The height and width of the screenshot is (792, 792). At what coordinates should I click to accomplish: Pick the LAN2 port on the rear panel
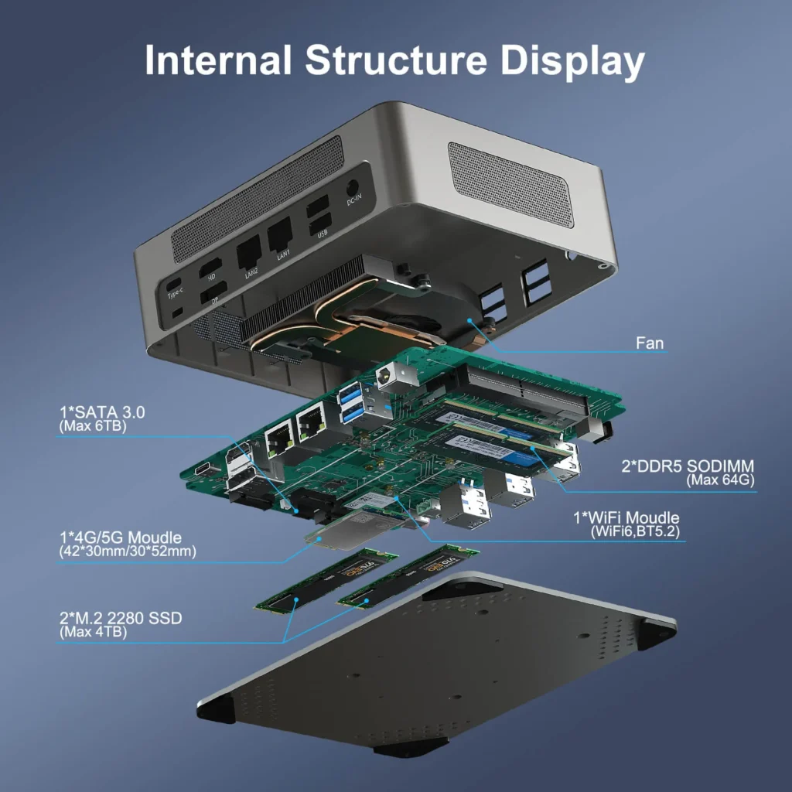pos(247,249)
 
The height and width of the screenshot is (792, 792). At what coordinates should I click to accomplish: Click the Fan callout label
pos(649,342)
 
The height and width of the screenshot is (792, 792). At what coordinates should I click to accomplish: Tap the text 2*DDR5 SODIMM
pos(687,466)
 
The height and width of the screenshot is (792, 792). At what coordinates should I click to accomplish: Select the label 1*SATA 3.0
pos(101,412)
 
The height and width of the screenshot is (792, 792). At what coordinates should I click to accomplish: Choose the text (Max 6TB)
pos(92,426)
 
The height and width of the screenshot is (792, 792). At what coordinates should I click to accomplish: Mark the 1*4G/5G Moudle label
pos(120,537)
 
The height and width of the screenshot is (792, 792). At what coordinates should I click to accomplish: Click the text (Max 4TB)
pos(93,632)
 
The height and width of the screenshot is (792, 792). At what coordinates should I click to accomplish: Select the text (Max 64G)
pos(720,480)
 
